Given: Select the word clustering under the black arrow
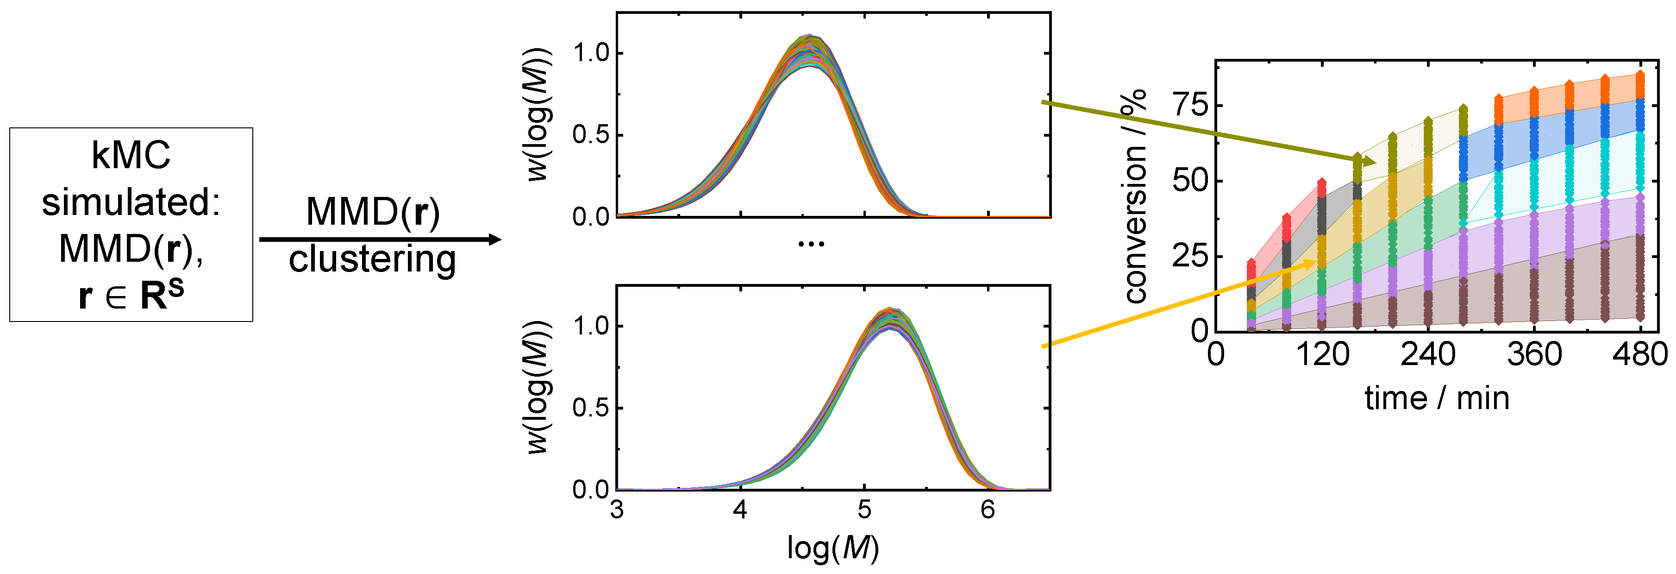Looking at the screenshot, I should pyautogui.click(x=372, y=259).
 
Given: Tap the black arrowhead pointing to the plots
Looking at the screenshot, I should pyautogui.click(x=494, y=240).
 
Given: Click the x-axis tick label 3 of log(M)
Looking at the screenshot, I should pyautogui.click(x=617, y=509).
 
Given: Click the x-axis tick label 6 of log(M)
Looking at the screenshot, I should pyautogui.click(x=988, y=509).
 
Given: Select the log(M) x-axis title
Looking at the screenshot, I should pyautogui.click(x=833, y=548).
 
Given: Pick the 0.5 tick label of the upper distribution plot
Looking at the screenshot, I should pyautogui.click(x=591, y=135).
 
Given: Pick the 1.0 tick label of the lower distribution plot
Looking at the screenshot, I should pyautogui.click(x=591, y=326).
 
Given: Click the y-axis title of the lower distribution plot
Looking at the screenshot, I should pyautogui.click(x=539, y=387).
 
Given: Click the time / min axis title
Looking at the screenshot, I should pyautogui.click(x=1437, y=397).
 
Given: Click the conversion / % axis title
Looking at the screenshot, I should pyautogui.click(x=1135, y=195).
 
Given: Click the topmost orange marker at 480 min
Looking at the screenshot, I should pyautogui.click(x=1640, y=75).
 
